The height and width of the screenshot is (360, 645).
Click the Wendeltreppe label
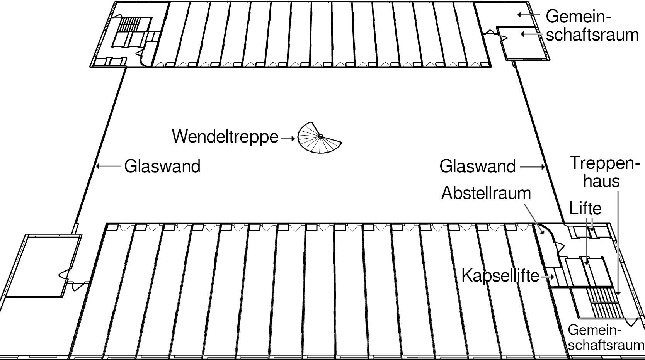click(x=225, y=137)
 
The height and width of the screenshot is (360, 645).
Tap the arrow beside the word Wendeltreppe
click(x=288, y=138)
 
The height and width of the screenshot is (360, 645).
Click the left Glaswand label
click(x=162, y=166)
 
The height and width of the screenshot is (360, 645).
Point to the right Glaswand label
click(x=477, y=166)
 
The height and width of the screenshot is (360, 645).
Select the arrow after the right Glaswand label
click(x=533, y=167)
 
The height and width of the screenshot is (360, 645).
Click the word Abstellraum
click(x=486, y=193)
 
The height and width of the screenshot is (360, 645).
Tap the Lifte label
click(x=585, y=209)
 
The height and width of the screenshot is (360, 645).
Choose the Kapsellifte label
click(x=500, y=276)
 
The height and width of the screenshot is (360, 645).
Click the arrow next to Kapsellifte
click(x=548, y=277)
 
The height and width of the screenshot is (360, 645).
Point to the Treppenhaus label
click(x=602, y=172)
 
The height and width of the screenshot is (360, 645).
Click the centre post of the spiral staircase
click(x=320, y=136)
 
